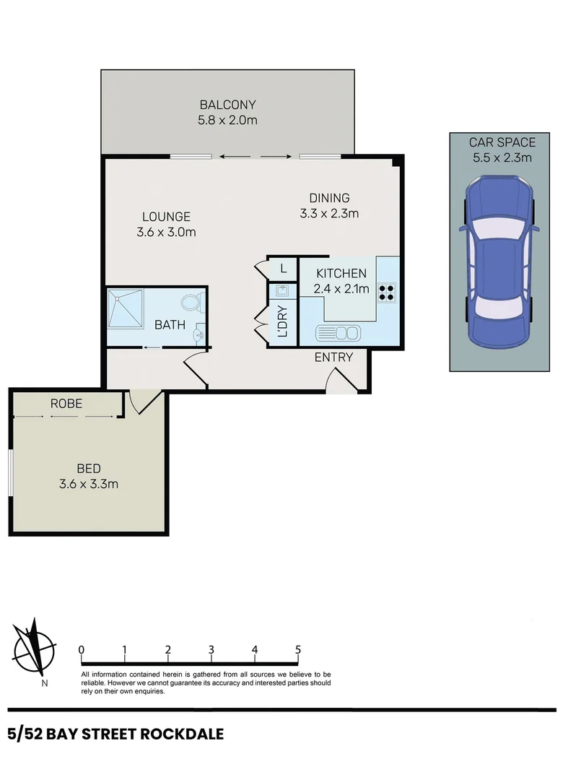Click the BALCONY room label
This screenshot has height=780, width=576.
click(x=227, y=104)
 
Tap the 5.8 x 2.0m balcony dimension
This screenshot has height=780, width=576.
click(x=227, y=120)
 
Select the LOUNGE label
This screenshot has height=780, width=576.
click(x=166, y=216)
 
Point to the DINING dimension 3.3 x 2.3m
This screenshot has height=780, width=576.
click(x=329, y=213)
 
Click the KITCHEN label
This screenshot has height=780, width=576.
click(x=342, y=274)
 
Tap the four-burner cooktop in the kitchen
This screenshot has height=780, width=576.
click(x=386, y=290)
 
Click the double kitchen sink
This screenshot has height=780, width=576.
click(x=338, y=333)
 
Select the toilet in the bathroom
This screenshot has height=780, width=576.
click(x=191, y=302)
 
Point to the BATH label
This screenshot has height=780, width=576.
click(x=170, y=325)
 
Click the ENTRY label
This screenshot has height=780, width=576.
click(x=333, y=357)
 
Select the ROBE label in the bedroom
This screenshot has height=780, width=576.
click(x=66, y=404)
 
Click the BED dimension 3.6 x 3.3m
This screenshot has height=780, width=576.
click(x=89, y=484)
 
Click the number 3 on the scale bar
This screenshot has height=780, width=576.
click(x=211, y=649)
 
